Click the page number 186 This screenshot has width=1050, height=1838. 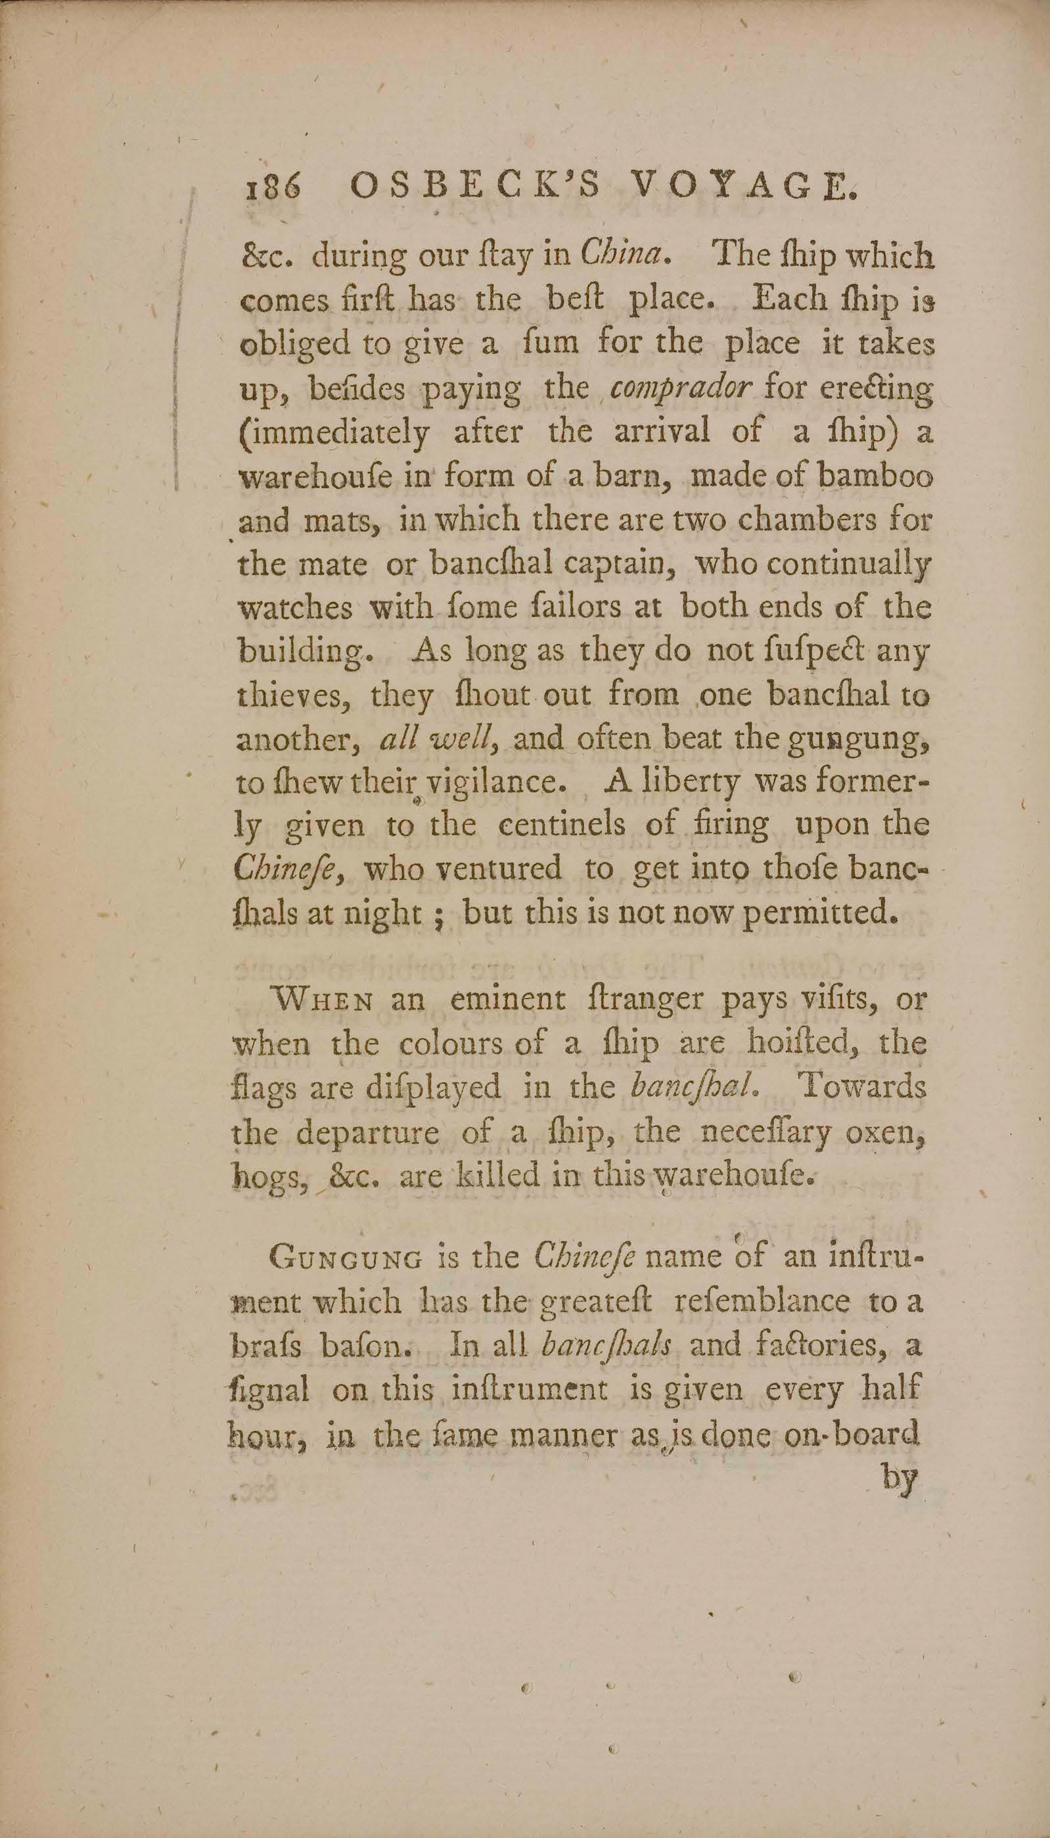tap(271, 189)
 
